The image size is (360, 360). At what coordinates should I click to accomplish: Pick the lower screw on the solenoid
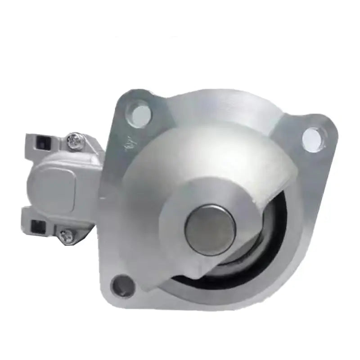coord(67,236)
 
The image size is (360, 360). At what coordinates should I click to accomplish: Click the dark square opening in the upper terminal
coord(38,145)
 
